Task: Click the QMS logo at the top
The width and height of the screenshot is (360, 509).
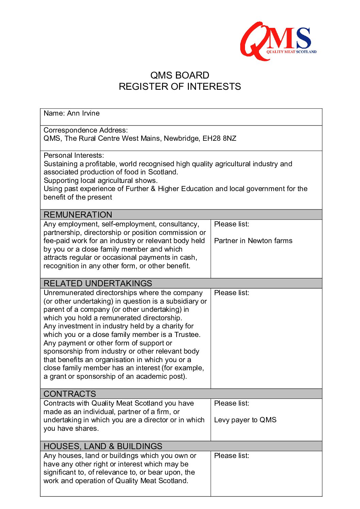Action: [x=278, y=41]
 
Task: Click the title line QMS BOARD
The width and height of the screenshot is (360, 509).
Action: [x=180, y=75]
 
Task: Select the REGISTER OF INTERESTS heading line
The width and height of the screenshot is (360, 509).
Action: [x=180, y=87]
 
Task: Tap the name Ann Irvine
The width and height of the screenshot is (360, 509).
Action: [x=83, y=113]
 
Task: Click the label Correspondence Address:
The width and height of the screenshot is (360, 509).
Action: [x=86, y=130]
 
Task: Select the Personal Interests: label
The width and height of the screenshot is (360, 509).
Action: [x=74, y=155]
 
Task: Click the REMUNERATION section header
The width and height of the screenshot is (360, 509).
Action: [x=78, y=215]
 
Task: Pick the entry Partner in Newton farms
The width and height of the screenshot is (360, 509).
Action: [x=253, y=241]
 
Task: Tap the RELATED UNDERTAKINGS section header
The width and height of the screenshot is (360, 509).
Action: [x=98, y=283]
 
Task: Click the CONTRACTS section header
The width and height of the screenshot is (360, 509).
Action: [x=70, y=394]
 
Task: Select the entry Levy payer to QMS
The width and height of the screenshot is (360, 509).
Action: [x=245, y=420]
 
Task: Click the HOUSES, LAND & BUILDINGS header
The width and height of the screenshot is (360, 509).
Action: [x=103, y=446]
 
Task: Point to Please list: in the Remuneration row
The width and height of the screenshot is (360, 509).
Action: [x=231, y=224]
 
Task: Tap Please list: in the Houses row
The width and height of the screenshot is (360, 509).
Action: [x=231, y=456]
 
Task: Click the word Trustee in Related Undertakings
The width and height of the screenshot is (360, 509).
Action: [x=187, y=335]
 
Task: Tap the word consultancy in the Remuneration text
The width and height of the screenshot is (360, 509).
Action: [x=179, y=224]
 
